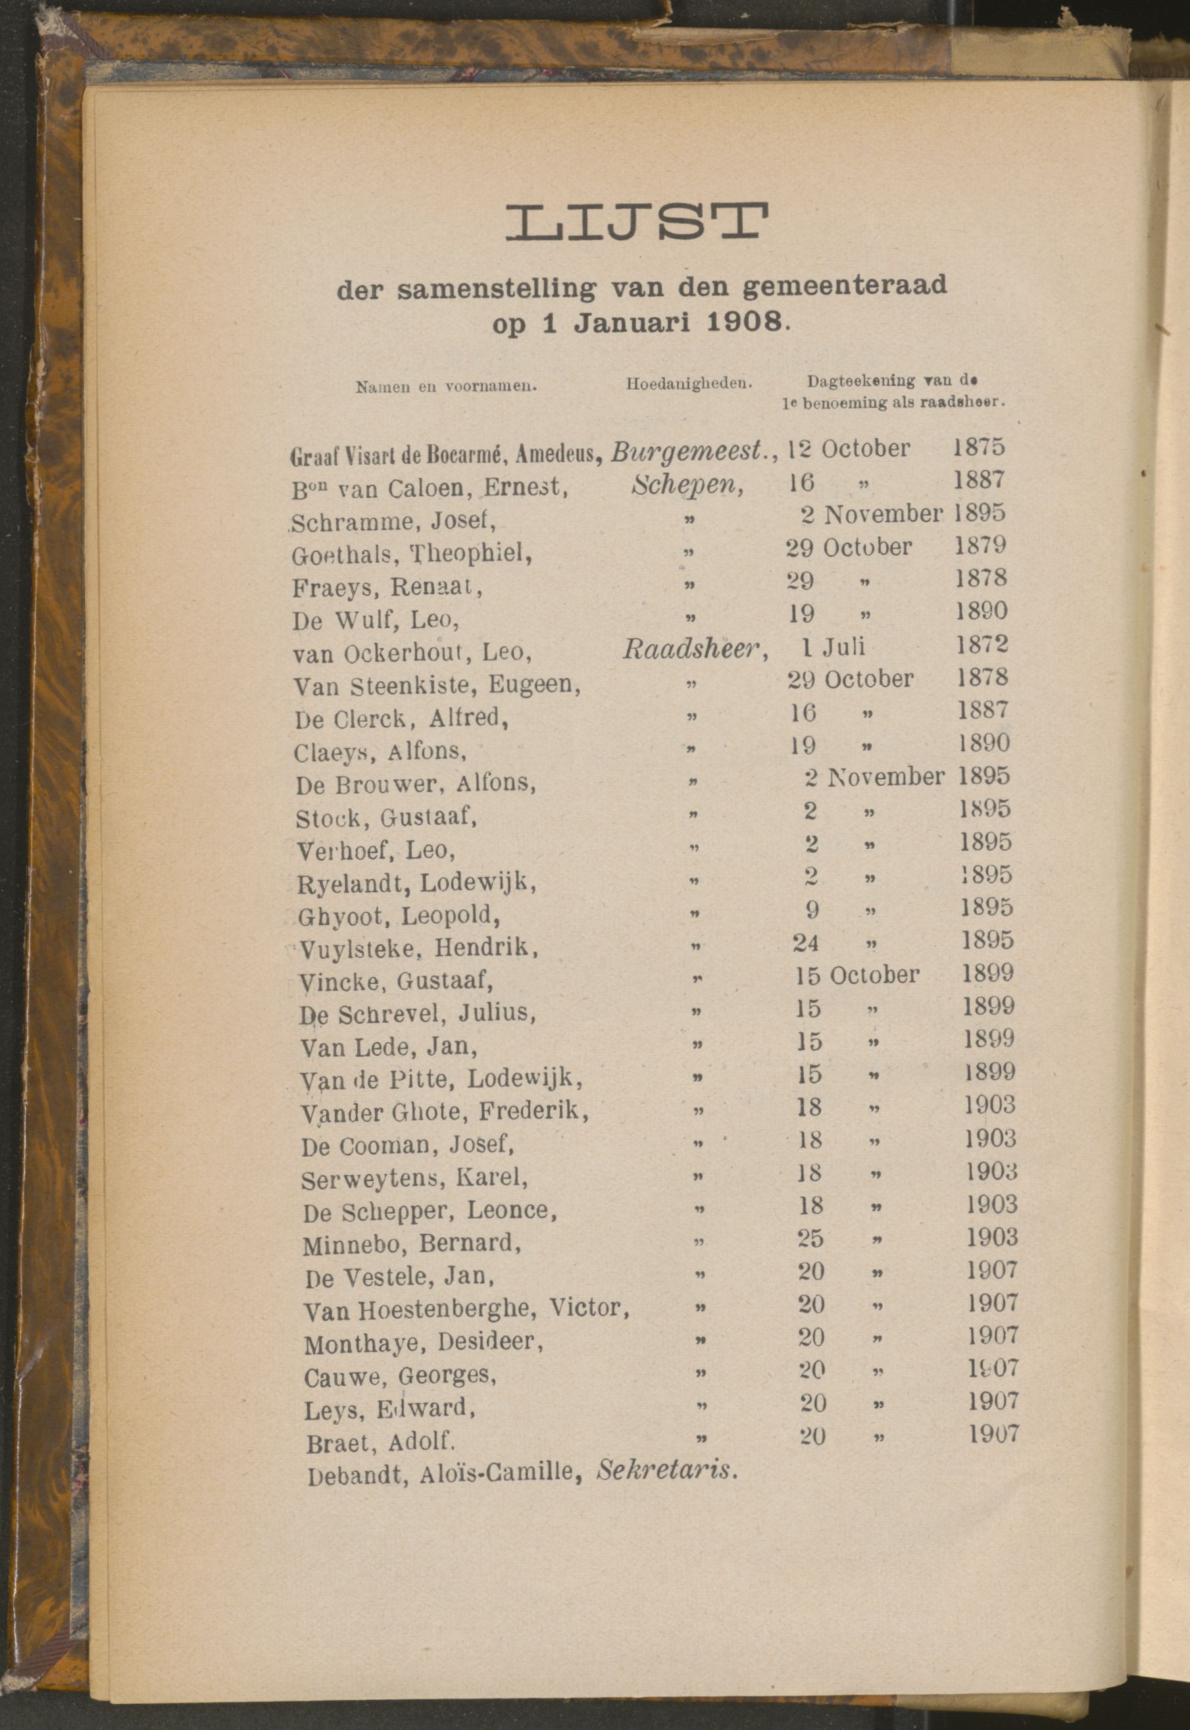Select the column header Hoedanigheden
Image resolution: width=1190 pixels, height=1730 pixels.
(688, 385)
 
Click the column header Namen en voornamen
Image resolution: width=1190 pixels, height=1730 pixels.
(447, 387)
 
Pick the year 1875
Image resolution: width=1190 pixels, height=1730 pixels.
(978, 447)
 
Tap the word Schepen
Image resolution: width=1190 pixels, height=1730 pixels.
(686, 485)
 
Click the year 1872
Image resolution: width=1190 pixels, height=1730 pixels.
(981, 644)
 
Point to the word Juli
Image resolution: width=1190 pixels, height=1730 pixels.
(844, 646)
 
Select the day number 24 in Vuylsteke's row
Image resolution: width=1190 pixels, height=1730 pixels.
(805, 943)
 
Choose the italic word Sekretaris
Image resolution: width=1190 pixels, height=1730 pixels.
(667, 1470)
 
